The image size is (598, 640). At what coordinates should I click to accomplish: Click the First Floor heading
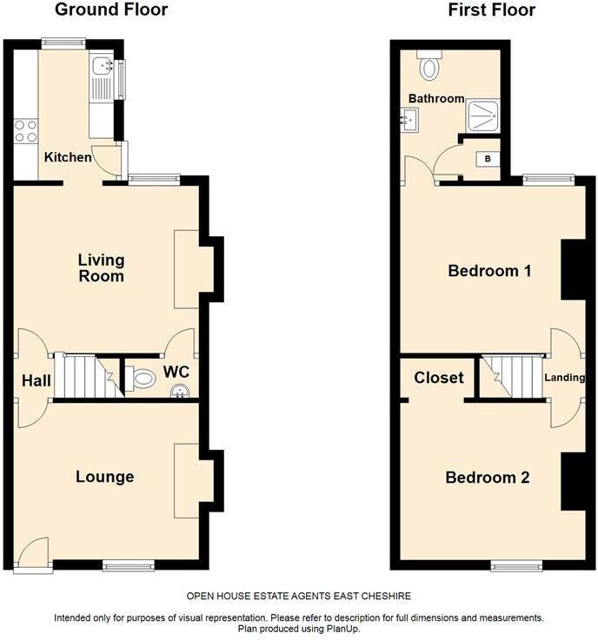pyautogui.click(x=491, y=10)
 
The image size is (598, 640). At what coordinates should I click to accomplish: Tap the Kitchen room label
pyautogui.click(x=68, y=157)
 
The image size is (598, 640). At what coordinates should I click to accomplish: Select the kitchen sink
pyautogui.click(x=103, y=64)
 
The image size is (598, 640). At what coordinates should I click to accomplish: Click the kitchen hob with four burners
pyautogui.click(x=25, y=131)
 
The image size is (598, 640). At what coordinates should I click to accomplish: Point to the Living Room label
pyautogui.click(x=101, y=267)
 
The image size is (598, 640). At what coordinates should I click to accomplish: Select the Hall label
pyautogui.click(x=35, y=380)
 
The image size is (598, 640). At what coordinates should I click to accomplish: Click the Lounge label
pyautogui.click(x=104, y=476)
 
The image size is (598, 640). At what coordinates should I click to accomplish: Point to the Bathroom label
pyautogui.click(x=436, y=98)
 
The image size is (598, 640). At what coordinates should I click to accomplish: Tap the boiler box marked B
pyautogui.click(x=488, y=159)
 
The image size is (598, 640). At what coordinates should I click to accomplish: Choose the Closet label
pyautogui.click(x=438, y=378)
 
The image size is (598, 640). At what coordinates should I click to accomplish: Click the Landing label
pyautogui.click(x=564, y=378)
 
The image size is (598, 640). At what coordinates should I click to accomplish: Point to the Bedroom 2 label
pyautogui.click(x=488, y=477)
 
